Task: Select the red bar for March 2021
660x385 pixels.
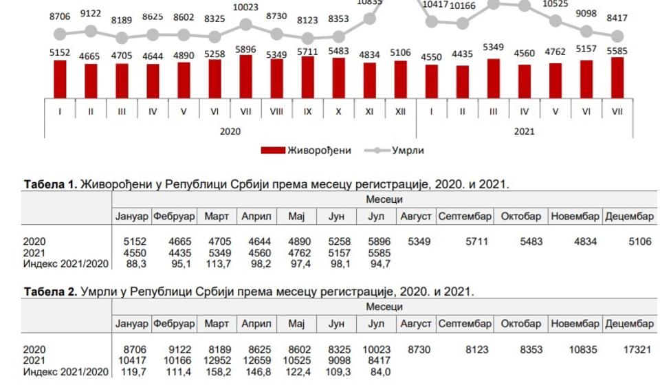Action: point(493,78)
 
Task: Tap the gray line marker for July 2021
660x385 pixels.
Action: point(617,36)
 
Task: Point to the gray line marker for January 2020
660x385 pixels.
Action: point(60,34)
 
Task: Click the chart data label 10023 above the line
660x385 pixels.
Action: point(245,8)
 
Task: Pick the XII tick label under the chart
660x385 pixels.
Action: point(400,111)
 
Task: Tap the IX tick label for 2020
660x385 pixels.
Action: point(307,111)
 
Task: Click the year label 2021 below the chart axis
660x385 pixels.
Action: point(524,131)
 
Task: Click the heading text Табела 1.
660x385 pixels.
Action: point(50,185)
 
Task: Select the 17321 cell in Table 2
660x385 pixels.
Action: point(637,350)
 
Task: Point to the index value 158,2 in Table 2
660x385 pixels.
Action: point(217,372)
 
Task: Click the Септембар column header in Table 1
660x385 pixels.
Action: point(464,217)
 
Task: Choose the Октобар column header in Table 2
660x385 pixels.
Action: point(522,324)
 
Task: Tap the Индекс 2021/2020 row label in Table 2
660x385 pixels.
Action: point(65,372)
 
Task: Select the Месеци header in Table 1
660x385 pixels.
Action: point(384,200)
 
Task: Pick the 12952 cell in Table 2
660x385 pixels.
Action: point(217,361)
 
